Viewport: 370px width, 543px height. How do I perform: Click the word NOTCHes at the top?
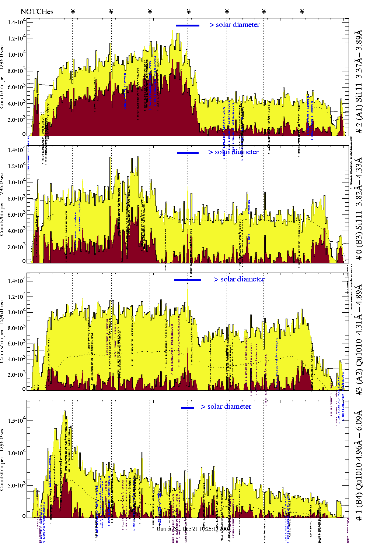coord(37,11)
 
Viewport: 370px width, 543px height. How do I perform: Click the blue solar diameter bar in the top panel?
coord(188,25)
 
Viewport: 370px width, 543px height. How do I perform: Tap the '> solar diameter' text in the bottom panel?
coord(226,407)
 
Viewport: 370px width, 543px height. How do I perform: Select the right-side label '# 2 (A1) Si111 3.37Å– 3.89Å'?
coord(359,82)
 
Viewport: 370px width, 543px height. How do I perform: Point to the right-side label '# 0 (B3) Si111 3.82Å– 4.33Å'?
coord(359,209)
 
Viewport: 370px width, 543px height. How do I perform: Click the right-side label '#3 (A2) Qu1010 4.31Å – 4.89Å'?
coord(359,340)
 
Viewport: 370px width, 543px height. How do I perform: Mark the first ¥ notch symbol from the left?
coord(73,11)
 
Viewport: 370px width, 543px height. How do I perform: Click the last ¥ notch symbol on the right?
coord(302,11)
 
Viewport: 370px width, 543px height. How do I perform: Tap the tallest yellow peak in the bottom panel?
coord(64,412)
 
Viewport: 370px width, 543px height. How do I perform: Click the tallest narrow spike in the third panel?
coord(188,284)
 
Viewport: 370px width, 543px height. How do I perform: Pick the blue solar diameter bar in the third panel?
coord(188,280)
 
